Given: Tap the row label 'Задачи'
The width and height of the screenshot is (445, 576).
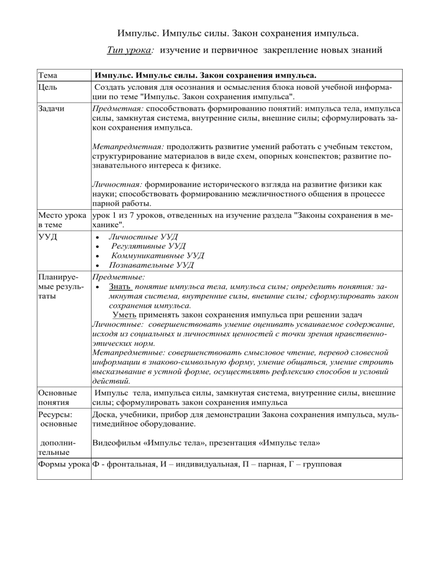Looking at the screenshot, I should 51,108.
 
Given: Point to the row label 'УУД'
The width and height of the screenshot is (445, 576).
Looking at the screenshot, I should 46,237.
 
